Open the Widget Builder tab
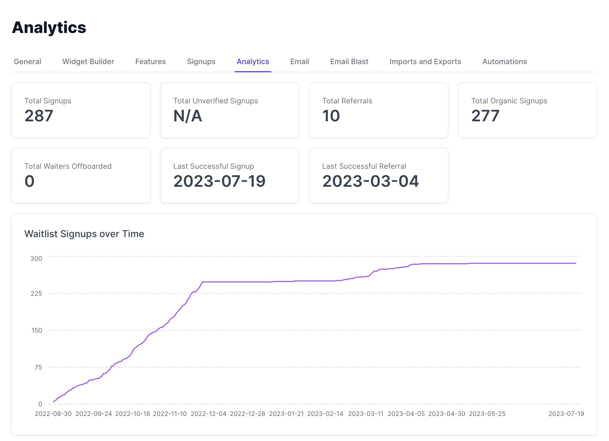[x=88, y=61]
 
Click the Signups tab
[x=201, y=61]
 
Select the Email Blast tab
[x=349, y=61]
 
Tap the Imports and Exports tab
[x=425, y=61]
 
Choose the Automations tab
[x=505, y=61]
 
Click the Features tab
[x=150, y=61]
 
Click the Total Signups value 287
[x=39, y=116]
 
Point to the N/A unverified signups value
[x=187, y=116]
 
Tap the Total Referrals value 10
[x=331, y=116]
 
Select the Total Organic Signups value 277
[x=485, y=116]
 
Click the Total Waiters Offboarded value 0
[x=30, y=181]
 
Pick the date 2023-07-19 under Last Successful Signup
[x=219, y=181]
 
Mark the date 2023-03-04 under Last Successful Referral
[x=370, y=181]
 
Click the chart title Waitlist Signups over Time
[x=84, y=234]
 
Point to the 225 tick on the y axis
[x=36, y=293]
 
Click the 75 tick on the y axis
[x=38, y=367]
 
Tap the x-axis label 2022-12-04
[x=209, y=414]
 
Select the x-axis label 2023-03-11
[x=365, y=414]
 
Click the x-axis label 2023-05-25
[x=487, y=414]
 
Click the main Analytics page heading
[x=49, y=27]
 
